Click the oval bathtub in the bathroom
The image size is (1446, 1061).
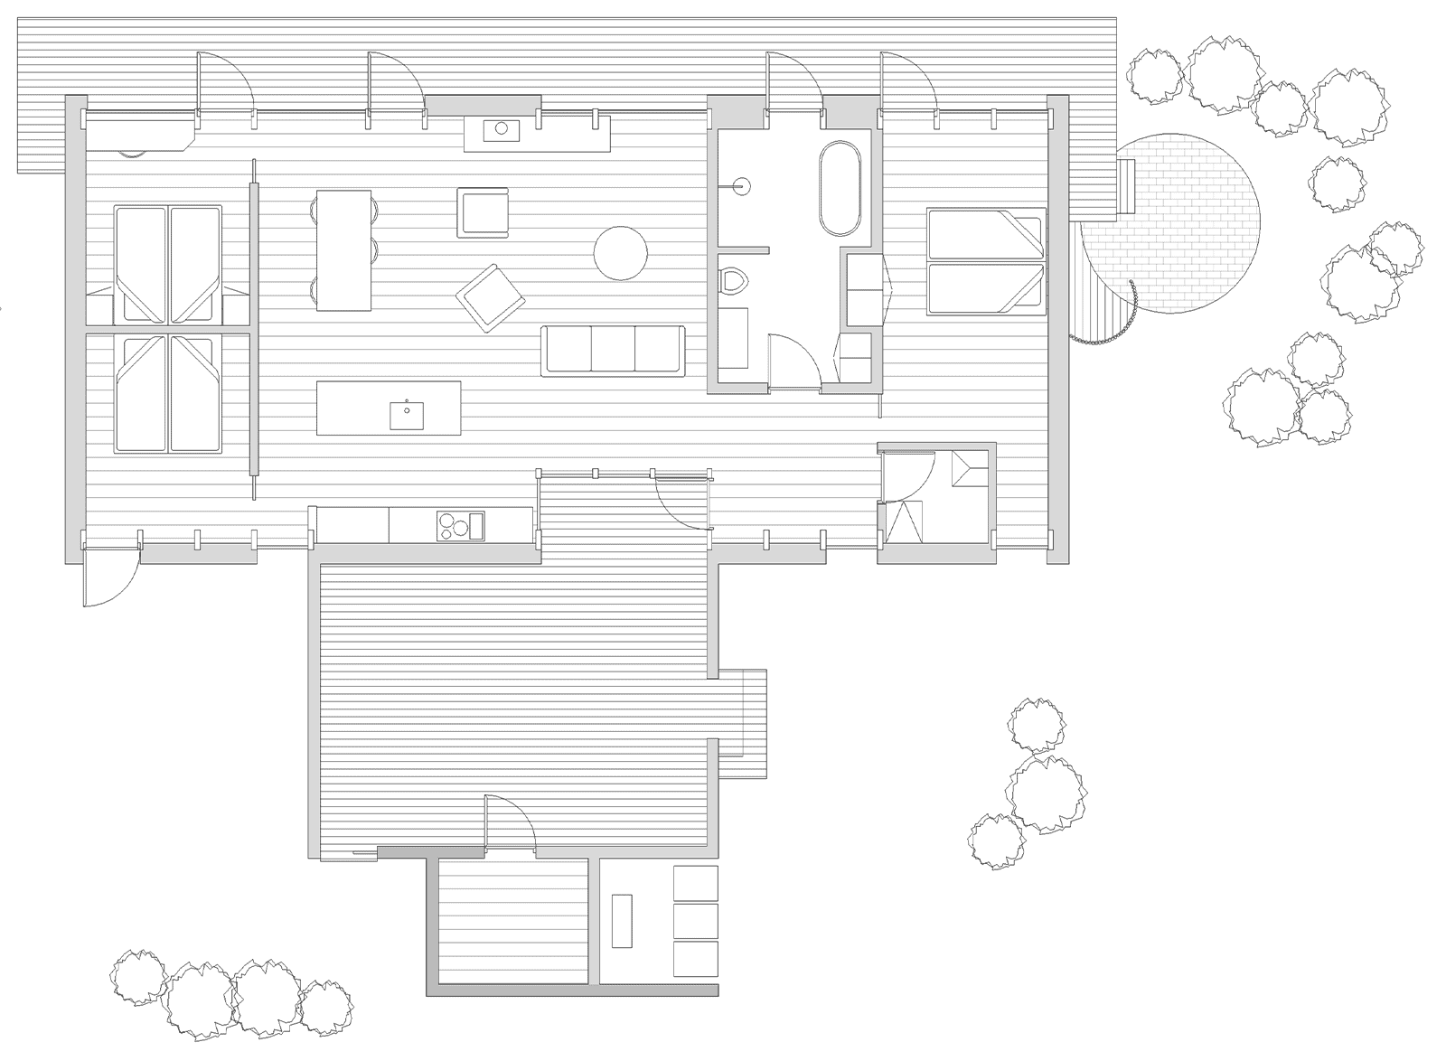840,188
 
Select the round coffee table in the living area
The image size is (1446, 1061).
620,252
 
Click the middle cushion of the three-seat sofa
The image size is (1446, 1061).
613,349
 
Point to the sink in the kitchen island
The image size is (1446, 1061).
407,415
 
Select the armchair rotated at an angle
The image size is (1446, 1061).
491,297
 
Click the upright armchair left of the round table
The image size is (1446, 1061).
482,212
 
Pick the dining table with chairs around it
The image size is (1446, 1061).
343,250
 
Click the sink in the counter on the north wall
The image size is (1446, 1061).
498,131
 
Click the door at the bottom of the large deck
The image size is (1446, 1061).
512,824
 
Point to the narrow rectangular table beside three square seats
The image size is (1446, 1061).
621,920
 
